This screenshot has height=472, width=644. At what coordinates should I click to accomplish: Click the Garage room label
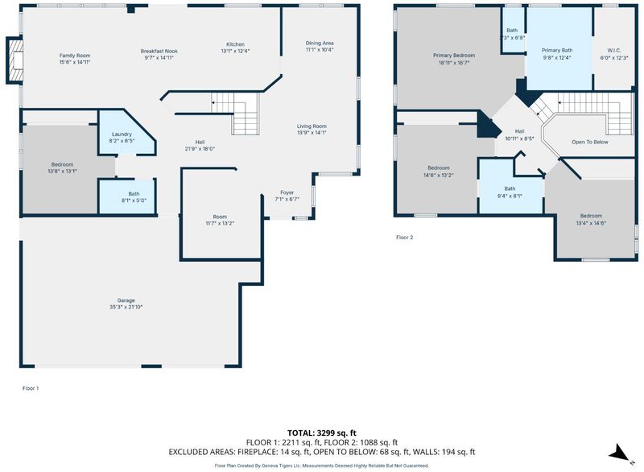[x=126, y=300]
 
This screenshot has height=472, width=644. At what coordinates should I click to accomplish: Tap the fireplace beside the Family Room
[x=14, y=60]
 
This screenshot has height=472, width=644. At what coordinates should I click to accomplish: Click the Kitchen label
[x=235, y=44]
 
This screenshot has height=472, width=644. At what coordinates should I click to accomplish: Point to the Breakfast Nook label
[x=159, y=52]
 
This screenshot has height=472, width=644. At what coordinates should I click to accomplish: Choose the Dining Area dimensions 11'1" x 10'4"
[x=319, y=50]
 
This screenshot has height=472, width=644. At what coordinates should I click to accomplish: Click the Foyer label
[x=287, y=193]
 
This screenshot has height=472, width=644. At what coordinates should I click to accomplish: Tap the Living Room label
[x=312, y=126]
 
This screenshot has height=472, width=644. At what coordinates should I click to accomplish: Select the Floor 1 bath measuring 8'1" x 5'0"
[x=127, y=197]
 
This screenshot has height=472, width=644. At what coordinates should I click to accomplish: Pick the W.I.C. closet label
[x=613, y=51]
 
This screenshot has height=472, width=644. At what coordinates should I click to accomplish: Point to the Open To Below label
[x=590, y=142]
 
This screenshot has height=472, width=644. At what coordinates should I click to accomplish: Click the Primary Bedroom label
[x=454, y=56]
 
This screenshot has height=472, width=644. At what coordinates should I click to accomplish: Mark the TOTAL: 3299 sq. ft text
[x=321, y=433]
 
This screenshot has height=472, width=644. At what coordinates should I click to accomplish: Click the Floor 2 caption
[x=405, y=238]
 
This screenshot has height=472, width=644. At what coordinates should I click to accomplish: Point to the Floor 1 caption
[x=31, y=388]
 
